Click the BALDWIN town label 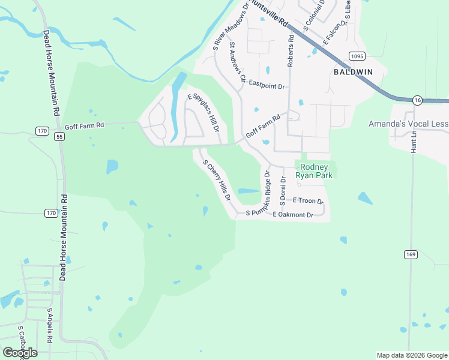(x=353, y=71)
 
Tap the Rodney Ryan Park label (x=315, y=171)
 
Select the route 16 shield (x=417, y=100)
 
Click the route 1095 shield (x=357, y=56)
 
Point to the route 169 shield (x=410, y=254)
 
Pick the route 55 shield (x=59, y=137)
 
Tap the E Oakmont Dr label (x=293, y=215)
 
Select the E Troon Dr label (x=308, y=200)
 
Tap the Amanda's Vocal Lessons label (x=408, y=124)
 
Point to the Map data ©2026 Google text (x=411, y=355)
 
